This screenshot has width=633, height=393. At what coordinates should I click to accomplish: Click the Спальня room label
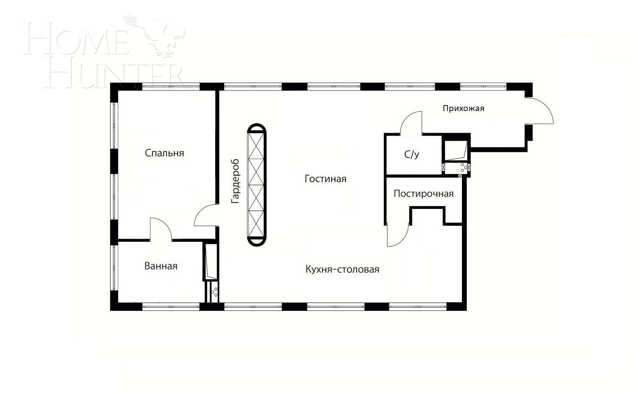(x=164, y=153)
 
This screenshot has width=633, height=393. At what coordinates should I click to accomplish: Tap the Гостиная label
(x=325, y=179)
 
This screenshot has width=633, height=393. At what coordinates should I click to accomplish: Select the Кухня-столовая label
(x=342, y=269)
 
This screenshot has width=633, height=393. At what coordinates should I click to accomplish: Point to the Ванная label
(x=161, y=266)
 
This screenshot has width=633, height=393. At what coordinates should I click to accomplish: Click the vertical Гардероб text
(x=235, y=181)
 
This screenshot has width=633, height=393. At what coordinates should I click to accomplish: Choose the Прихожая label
(x=463, y=108)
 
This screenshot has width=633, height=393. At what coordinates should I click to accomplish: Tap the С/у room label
(x=411, y=154)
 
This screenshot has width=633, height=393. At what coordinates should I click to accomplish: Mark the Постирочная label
(x=423, y=194)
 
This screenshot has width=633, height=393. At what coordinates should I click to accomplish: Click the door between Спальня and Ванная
(x=161, y=229)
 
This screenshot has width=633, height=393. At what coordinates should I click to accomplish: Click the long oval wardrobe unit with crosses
(x=256, y=184)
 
